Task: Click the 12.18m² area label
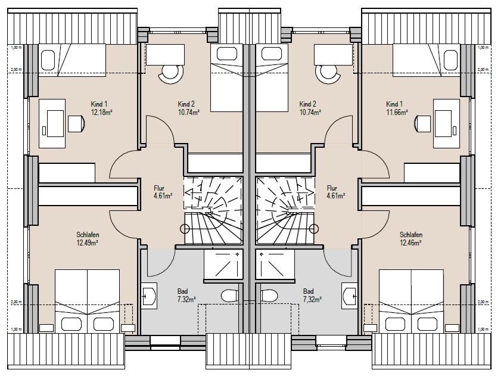[x=102, y=112]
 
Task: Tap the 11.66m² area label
[x=397, y=112]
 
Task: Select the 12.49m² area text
[x=87, y=243]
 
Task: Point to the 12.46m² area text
[x=410, y=243]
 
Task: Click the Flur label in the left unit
[x=159, y=188]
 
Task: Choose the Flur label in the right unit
[x=332, y=188]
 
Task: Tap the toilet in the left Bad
[x=229, y=296]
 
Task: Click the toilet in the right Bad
[x=269, y=296]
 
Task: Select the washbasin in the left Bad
[x=149, y=296]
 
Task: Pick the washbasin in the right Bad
[x=350, y=296]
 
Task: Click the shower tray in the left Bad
[x=223, y=265]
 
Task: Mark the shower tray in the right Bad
[x=275, y=265]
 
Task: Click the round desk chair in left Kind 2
[x=171, y=73]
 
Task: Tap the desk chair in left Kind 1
[x=77, y=124]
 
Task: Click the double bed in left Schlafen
[x=87, y=301]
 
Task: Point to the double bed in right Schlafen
[x=411, y=301]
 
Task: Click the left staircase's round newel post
[x=185, y=229]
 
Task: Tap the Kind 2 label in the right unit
[x=308, y=104]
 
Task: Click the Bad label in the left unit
[x=183, y=291]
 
